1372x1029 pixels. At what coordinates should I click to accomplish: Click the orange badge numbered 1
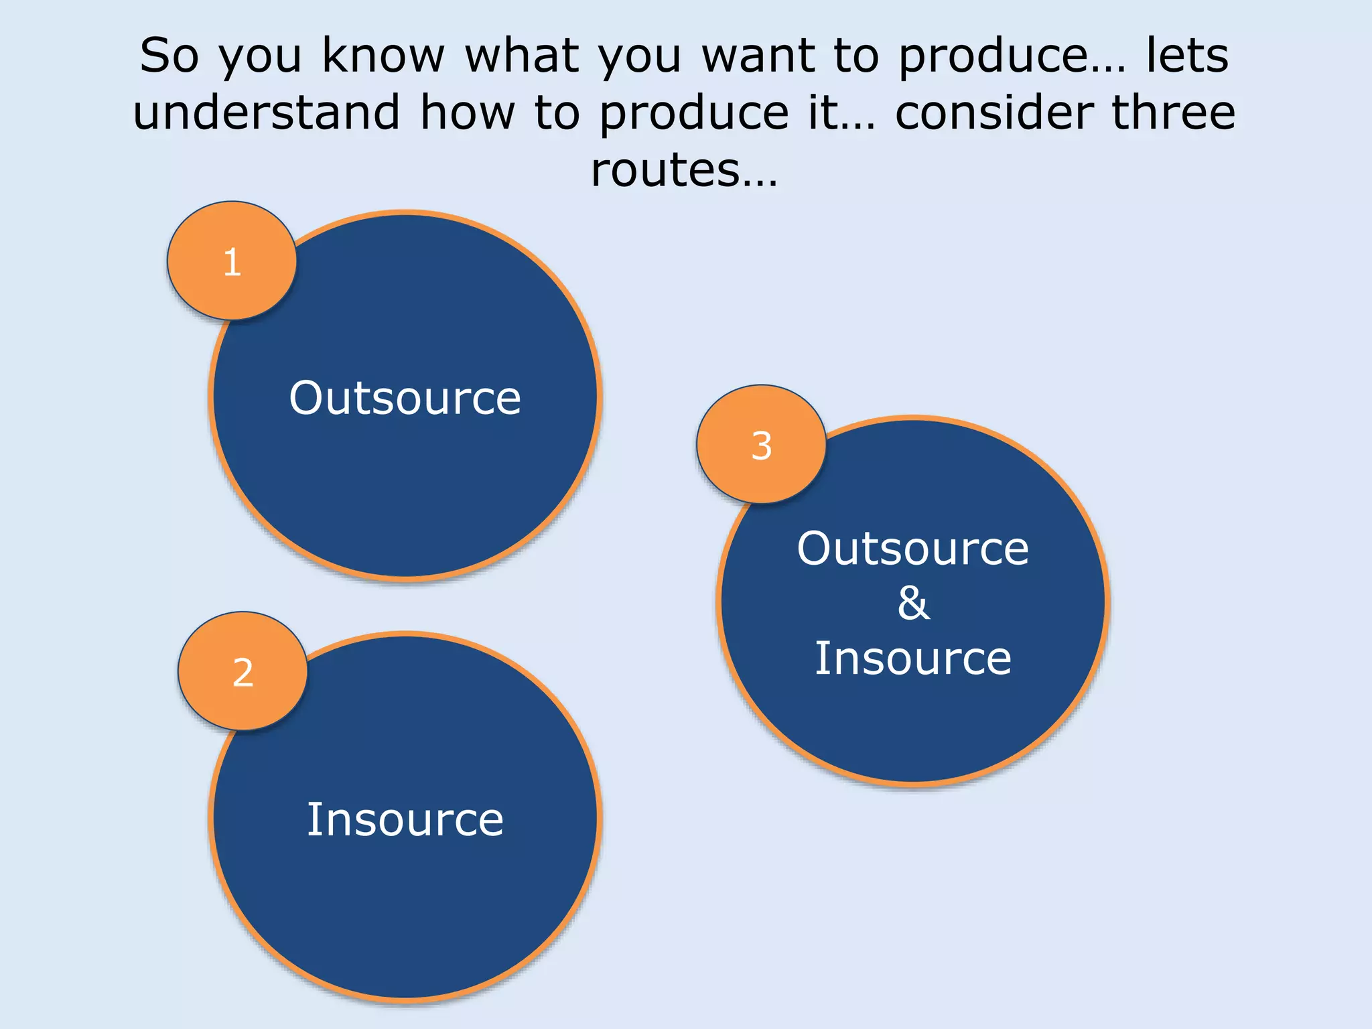pos(231,261)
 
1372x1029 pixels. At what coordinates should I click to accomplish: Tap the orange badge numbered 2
pos(243,671)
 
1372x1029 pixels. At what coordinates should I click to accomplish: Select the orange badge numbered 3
pos(761,445)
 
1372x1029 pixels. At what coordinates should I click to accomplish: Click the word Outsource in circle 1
pos(405,398)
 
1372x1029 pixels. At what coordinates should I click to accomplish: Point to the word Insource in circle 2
pos(405,819)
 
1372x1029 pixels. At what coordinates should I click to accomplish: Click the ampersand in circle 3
pos(913,603)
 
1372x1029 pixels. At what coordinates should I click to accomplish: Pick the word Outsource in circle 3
pos(912,548)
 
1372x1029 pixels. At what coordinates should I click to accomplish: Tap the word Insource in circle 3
pos(912,659)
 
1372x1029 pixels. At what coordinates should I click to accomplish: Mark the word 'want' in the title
pos(759,56)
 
